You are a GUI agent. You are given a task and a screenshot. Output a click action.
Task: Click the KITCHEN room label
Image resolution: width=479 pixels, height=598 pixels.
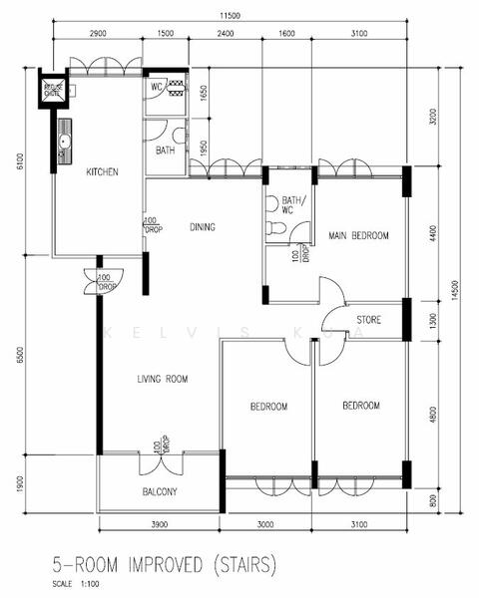pyautogui.click(x=102, y=172)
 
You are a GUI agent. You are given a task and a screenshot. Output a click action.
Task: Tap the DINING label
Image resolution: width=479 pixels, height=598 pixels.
pyautogui.click(x=203, y=227)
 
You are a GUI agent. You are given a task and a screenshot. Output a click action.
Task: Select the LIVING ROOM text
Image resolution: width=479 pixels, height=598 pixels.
pyautogui.click(x=163, y=380)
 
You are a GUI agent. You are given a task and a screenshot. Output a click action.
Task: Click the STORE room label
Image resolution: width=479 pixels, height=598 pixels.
pyautogui.click(x=371, y=320)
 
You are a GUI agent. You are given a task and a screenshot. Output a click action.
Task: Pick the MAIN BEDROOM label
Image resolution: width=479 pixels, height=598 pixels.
pyautogui.click(x=358, y=236)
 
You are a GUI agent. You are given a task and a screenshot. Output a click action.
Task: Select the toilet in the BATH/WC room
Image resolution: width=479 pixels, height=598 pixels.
pyautogui.click(x=278, y=230)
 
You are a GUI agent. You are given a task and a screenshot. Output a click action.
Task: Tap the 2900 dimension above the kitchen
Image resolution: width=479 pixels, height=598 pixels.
pyautogui.click(x=98, y=35)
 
